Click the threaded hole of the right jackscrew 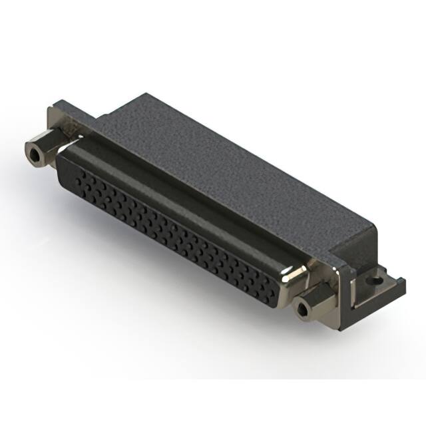(x=305, y=309)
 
